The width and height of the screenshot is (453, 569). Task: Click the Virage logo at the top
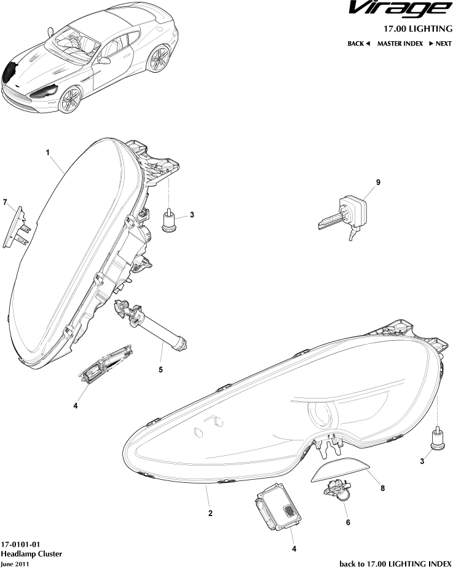[x=400, y=10]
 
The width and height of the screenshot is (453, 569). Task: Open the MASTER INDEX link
[x=400, y=44]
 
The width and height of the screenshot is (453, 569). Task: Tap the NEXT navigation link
[x=440, y=44]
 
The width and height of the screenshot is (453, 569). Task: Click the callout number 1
[x=47, y=153]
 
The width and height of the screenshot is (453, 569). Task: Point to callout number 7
[x=5, y=202]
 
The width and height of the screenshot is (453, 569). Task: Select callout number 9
[x=378, y=182]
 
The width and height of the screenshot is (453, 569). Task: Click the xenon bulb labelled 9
[x=343, y=216]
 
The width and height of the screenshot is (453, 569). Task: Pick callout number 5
[x=160, y=370]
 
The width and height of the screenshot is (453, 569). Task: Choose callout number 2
[x=210, y=513]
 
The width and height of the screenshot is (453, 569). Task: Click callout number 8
[x=383, y=488]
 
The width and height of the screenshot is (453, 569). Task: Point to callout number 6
[x=348, y=522]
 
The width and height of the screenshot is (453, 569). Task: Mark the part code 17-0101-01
[x=20, y=544]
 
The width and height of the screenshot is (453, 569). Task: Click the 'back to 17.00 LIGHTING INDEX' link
[x=396, y=563]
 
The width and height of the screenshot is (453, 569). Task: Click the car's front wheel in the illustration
[x=70, y=100]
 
